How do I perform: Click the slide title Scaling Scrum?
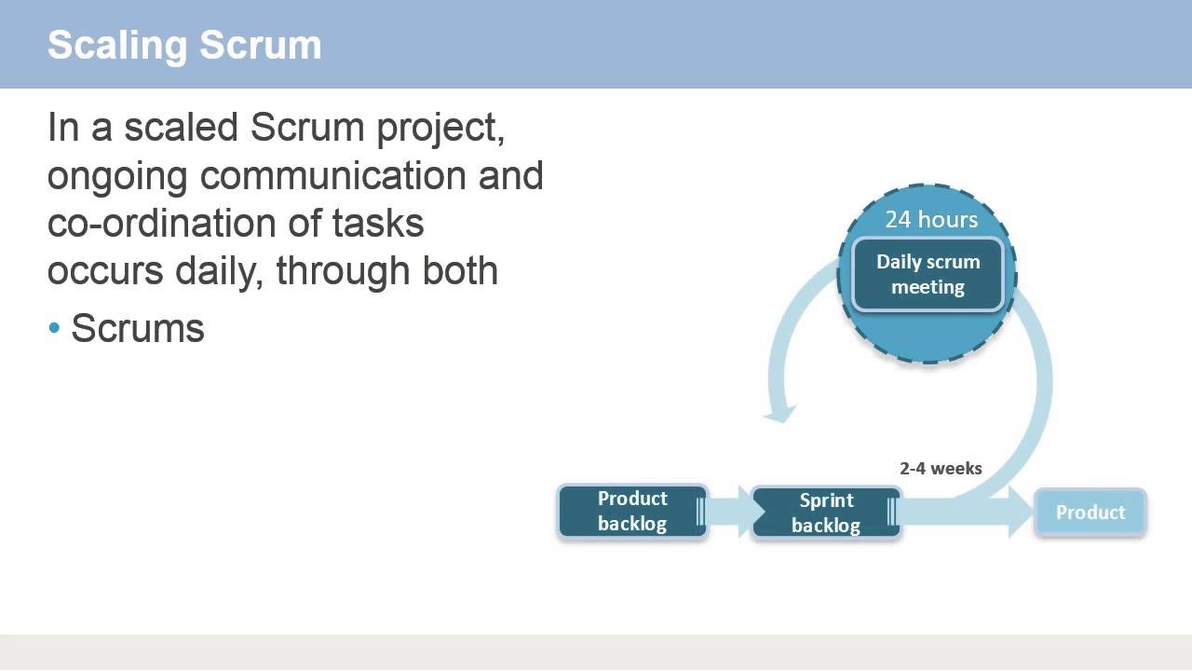[x=184, y=45]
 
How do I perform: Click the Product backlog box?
[x=632, y=512]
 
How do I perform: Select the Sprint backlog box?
[x=826, y=514]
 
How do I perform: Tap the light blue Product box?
[x=1090, y=513]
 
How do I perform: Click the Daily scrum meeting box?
[x=928, y=274]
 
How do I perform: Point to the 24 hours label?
[x=931, y=219]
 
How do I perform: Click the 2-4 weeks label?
[x=941, y=469]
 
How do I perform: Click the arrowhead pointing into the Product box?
[x=1021, y=513]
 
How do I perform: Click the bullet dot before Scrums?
[x=53, y=329]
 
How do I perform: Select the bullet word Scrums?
[x=138, y=328]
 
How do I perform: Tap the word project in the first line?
[x=440, y=129]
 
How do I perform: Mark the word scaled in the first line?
[x=181, y=128]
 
